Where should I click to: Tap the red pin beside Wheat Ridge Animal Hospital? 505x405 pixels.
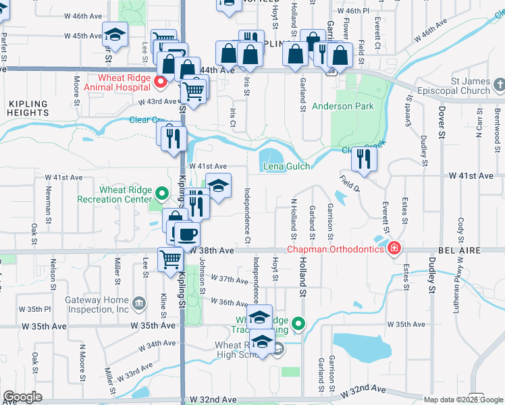161,82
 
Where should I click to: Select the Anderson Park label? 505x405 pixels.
343,106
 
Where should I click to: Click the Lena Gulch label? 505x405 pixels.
286,166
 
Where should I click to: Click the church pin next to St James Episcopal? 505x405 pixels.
498,86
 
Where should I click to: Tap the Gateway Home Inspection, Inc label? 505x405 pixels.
96,304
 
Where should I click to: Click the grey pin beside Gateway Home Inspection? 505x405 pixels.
139,303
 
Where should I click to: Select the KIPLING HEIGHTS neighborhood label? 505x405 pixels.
28,109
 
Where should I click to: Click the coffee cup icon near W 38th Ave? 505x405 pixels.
188,234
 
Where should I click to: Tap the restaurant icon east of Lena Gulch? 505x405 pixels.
363,159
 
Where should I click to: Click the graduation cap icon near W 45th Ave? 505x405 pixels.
115,34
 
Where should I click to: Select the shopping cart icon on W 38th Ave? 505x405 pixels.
170,259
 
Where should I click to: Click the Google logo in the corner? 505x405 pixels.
22,397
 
